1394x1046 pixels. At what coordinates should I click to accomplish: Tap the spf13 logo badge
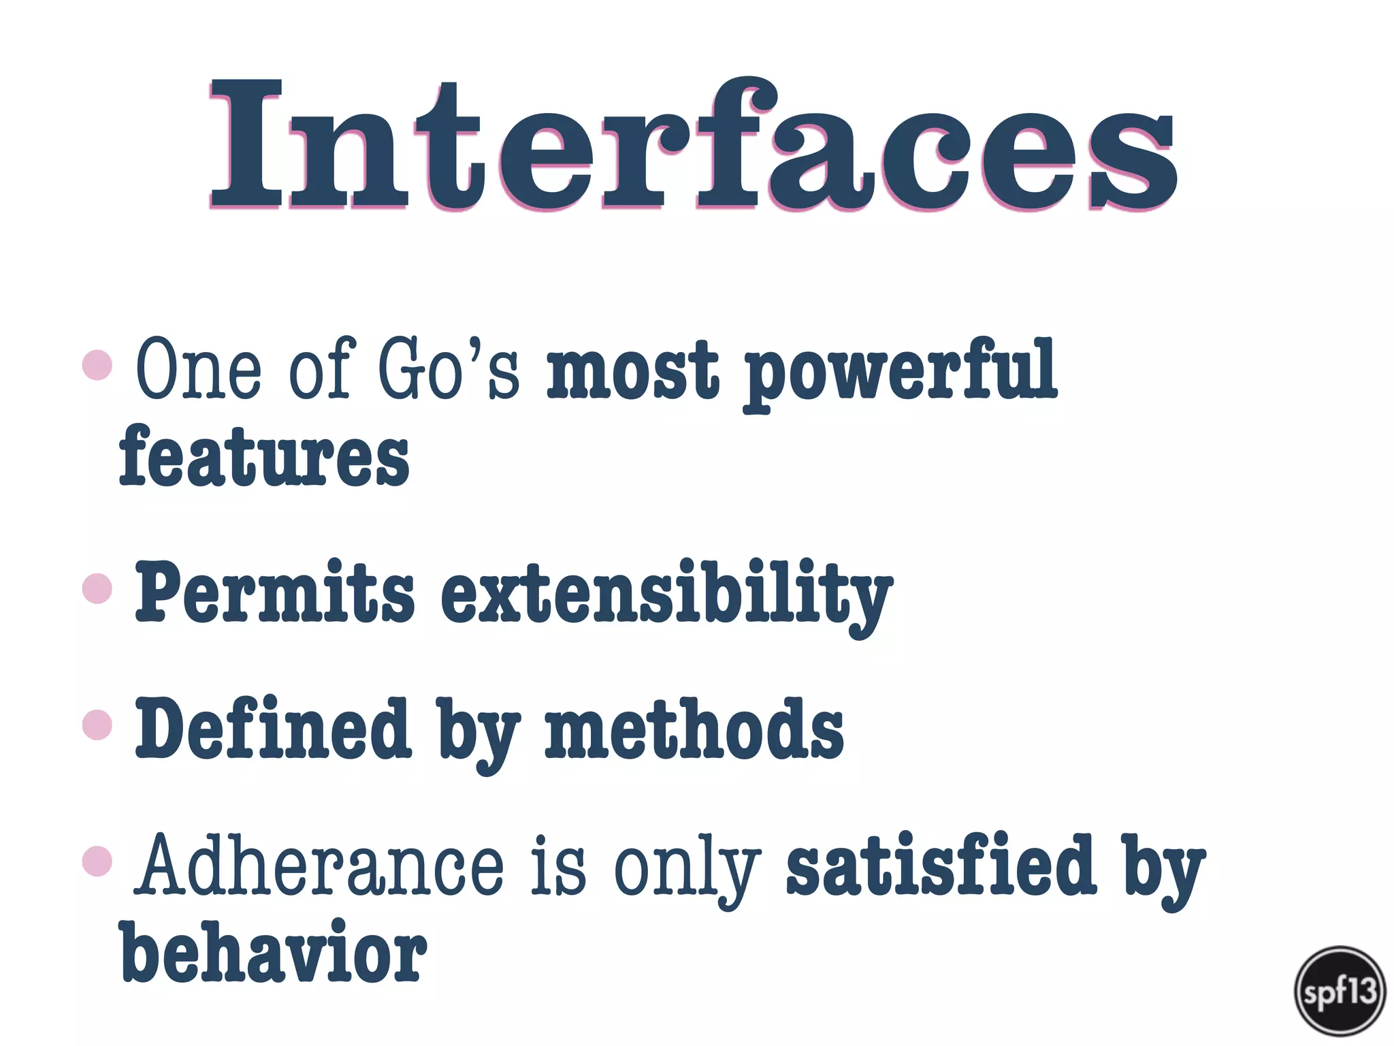tap(1340, 991)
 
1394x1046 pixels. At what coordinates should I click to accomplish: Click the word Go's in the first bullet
tap(449, 369)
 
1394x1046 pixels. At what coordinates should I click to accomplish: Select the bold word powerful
tap(900, 372)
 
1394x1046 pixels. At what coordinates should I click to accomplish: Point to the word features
tap(264, 455)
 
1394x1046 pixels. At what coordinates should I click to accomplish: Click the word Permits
tap(274, 591)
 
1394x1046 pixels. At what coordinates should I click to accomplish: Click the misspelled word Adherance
tap(319, 866)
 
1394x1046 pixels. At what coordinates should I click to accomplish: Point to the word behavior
tap(273, 951)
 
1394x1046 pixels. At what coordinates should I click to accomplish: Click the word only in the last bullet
tap(687, 868)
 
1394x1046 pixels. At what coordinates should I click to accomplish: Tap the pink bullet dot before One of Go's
tap(97, 365)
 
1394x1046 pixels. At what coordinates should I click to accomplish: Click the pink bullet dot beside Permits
tap(97, 588)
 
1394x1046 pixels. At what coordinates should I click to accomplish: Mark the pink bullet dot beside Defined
tap(97, 725)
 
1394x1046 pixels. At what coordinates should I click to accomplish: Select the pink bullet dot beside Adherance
tap(97, 861)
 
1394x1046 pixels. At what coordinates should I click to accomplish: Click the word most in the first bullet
tap(632, 370)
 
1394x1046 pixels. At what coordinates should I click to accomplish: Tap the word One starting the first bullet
tap(198, 369)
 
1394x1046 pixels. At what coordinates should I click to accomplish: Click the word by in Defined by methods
tap(479, 734)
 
